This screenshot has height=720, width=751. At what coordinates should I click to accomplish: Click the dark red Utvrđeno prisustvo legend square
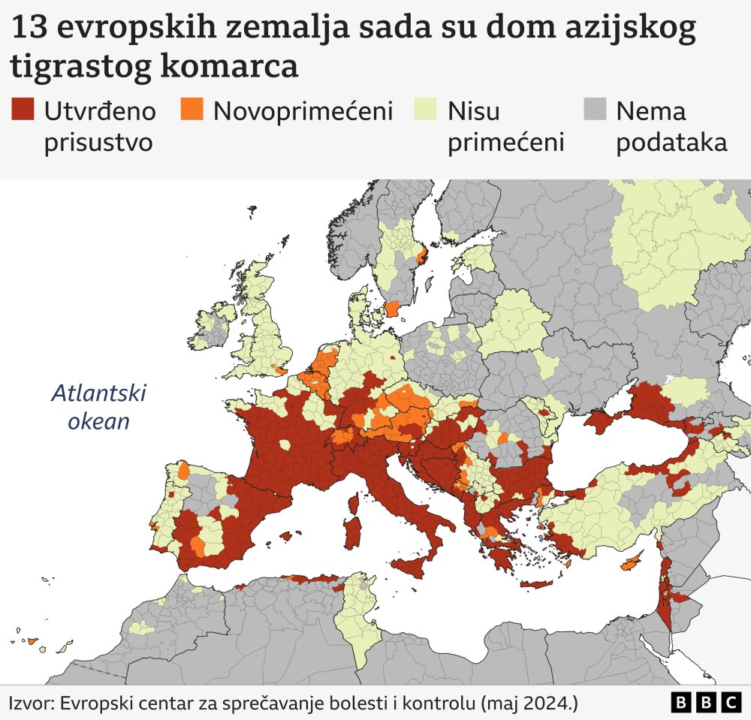point(23,110)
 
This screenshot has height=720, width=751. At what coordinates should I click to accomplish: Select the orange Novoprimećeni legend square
point(192,110)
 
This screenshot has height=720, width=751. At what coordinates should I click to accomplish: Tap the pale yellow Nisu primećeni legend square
point(427,110)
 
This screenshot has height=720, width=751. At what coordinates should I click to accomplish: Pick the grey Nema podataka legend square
point(595,110)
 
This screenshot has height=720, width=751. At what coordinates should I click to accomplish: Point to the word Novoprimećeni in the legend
point(303,111)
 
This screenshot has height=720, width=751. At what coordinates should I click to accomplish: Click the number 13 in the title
point(31,29)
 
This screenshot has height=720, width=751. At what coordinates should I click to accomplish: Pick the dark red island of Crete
point(535,584)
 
